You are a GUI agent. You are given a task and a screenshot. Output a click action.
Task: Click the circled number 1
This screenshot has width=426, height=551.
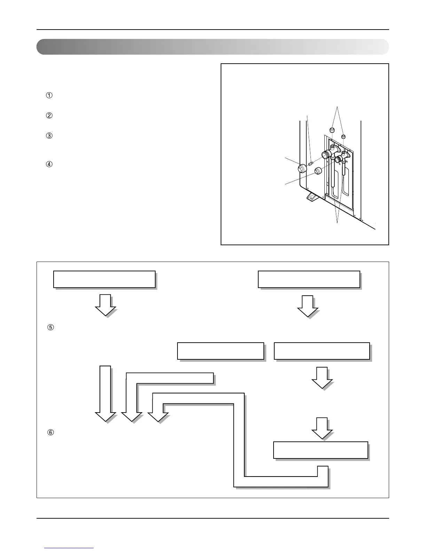point(49,96)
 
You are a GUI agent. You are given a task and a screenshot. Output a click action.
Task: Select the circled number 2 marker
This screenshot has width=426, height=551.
point(49,116)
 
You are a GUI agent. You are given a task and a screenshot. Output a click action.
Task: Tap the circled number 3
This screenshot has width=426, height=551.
point(49,136)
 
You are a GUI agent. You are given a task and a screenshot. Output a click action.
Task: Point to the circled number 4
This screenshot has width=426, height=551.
point(49,164)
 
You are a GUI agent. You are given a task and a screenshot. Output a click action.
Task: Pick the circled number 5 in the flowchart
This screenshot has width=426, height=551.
point(50,327)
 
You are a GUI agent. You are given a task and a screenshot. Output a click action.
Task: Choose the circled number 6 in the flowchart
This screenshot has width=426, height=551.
point(50,432)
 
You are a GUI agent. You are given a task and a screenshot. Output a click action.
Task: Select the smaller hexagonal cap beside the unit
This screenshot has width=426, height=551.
point(317,171)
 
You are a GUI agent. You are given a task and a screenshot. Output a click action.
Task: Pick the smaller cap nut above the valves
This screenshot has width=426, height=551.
point(343,136)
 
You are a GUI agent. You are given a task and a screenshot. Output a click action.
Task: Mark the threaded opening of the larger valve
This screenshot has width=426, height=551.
point(326,154)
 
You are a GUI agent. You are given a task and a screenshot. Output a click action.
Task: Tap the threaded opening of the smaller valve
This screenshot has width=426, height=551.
point(337,160)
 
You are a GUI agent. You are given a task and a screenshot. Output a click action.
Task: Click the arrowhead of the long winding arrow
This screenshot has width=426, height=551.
point(158,416)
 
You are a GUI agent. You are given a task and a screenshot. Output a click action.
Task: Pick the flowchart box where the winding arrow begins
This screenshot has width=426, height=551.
point(321,450)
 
